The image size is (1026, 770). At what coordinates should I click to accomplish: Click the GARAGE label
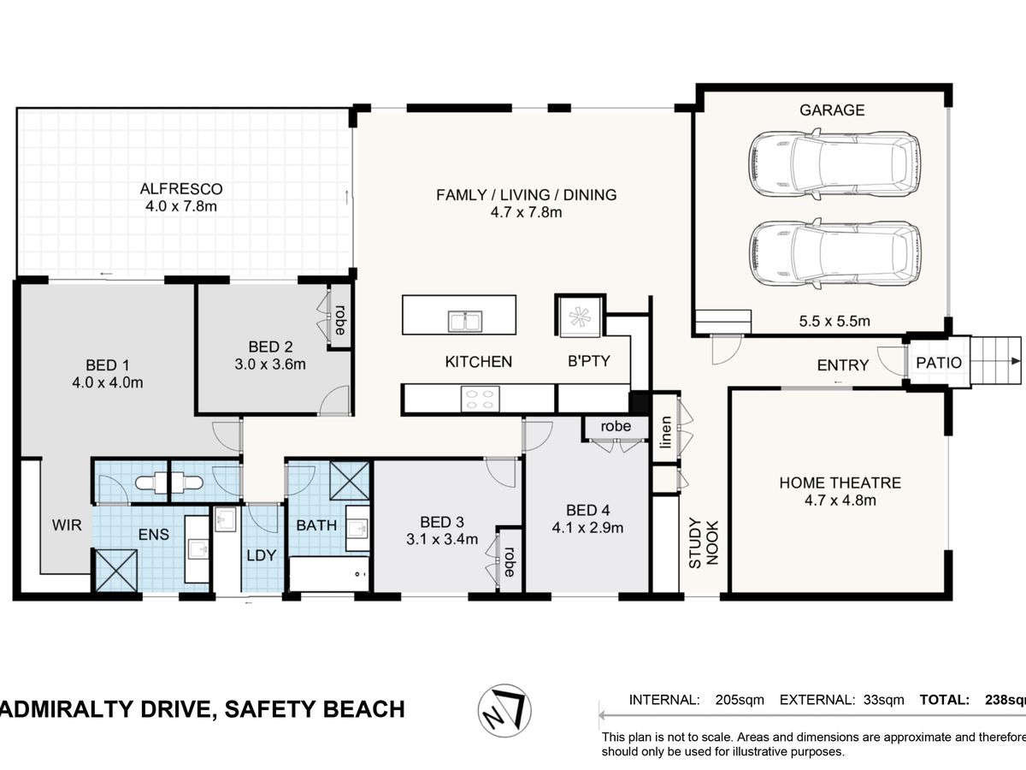tap(832, 110)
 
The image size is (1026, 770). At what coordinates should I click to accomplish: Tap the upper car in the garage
tap(834, 163)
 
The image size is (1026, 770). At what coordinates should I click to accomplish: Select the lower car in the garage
tap(834, 253)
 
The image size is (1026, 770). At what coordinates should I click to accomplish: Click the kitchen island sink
tap(465, 321)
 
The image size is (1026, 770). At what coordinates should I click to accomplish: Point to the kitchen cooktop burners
tap(480, 399)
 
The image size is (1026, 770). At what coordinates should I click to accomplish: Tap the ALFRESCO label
tap(181, 189)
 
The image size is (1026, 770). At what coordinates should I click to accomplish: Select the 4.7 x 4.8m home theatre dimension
tap(840, 500)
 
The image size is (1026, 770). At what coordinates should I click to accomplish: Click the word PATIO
tap(939, 363)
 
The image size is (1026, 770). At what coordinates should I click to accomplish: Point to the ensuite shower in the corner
tap(116, 571)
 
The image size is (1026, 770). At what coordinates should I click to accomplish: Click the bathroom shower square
tap(350, 481)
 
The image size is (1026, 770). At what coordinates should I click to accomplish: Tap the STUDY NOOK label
tap(704, 542)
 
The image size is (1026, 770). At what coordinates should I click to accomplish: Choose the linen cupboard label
tap(665, 432)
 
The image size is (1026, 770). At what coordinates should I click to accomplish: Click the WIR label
tap(67, 525)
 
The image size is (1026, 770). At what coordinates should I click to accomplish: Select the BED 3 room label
tap(442, 522)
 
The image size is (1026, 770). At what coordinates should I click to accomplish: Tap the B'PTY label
tap(589, 361)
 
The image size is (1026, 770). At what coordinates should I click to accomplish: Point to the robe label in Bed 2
tap(340, 320)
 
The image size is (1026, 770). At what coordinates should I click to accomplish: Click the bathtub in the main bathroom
tap(329, 573)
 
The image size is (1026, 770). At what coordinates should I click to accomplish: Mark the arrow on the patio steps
tap(1016, 361)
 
